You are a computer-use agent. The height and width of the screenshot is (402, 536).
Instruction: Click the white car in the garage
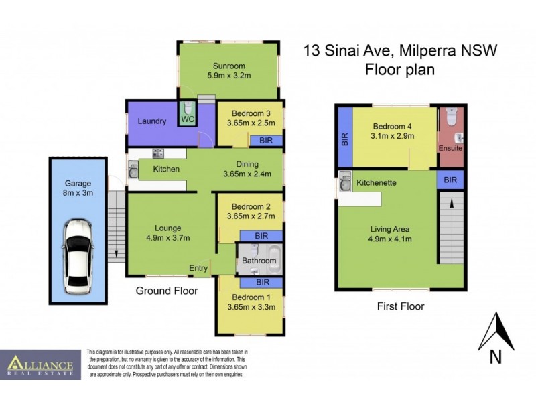(78, 257)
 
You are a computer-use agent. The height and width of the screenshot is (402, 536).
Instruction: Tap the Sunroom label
(229, 66)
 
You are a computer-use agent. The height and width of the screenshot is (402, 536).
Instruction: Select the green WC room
(187, 115)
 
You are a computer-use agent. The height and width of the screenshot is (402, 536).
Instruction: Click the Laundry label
(151, 121)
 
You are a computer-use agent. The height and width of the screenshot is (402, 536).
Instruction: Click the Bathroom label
(259, 261)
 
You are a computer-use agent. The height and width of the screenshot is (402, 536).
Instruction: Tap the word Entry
(198, 268)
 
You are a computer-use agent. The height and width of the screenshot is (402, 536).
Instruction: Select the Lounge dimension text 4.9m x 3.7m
(168, 238)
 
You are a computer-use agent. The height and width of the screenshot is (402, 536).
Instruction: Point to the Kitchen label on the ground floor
(166, 169)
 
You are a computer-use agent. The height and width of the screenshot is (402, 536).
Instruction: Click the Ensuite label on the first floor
(450, 148)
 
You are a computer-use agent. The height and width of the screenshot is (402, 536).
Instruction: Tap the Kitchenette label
(376, 182)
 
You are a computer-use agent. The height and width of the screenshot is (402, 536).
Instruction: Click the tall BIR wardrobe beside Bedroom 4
(345, 139)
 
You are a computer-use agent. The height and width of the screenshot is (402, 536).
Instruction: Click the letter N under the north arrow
(496, 357)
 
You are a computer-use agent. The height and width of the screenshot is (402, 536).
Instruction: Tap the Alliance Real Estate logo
(40, 365)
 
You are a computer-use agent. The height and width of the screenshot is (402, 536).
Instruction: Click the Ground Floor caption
(167, 291)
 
